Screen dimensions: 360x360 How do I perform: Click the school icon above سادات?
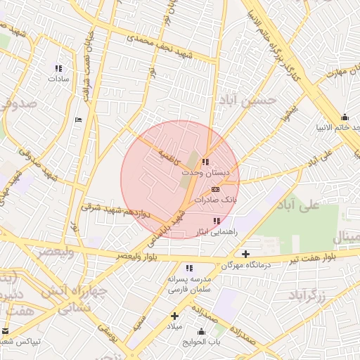point(58,68)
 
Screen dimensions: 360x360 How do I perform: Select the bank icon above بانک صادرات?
point(215,189)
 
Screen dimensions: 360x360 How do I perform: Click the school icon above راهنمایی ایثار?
point(215,221)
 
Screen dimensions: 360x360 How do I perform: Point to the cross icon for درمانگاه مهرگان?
point(245,254)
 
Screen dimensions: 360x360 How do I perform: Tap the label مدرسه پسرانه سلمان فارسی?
point(189,283)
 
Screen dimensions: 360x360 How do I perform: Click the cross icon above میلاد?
point(174,316)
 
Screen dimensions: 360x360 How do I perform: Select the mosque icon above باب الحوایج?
point(202,332)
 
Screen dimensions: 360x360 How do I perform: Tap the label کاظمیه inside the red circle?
point(169,153)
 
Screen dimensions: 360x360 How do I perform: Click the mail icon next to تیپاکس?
point(6,331)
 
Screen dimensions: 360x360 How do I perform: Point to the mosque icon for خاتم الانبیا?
point(344,117)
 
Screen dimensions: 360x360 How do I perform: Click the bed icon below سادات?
point(78,120)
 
